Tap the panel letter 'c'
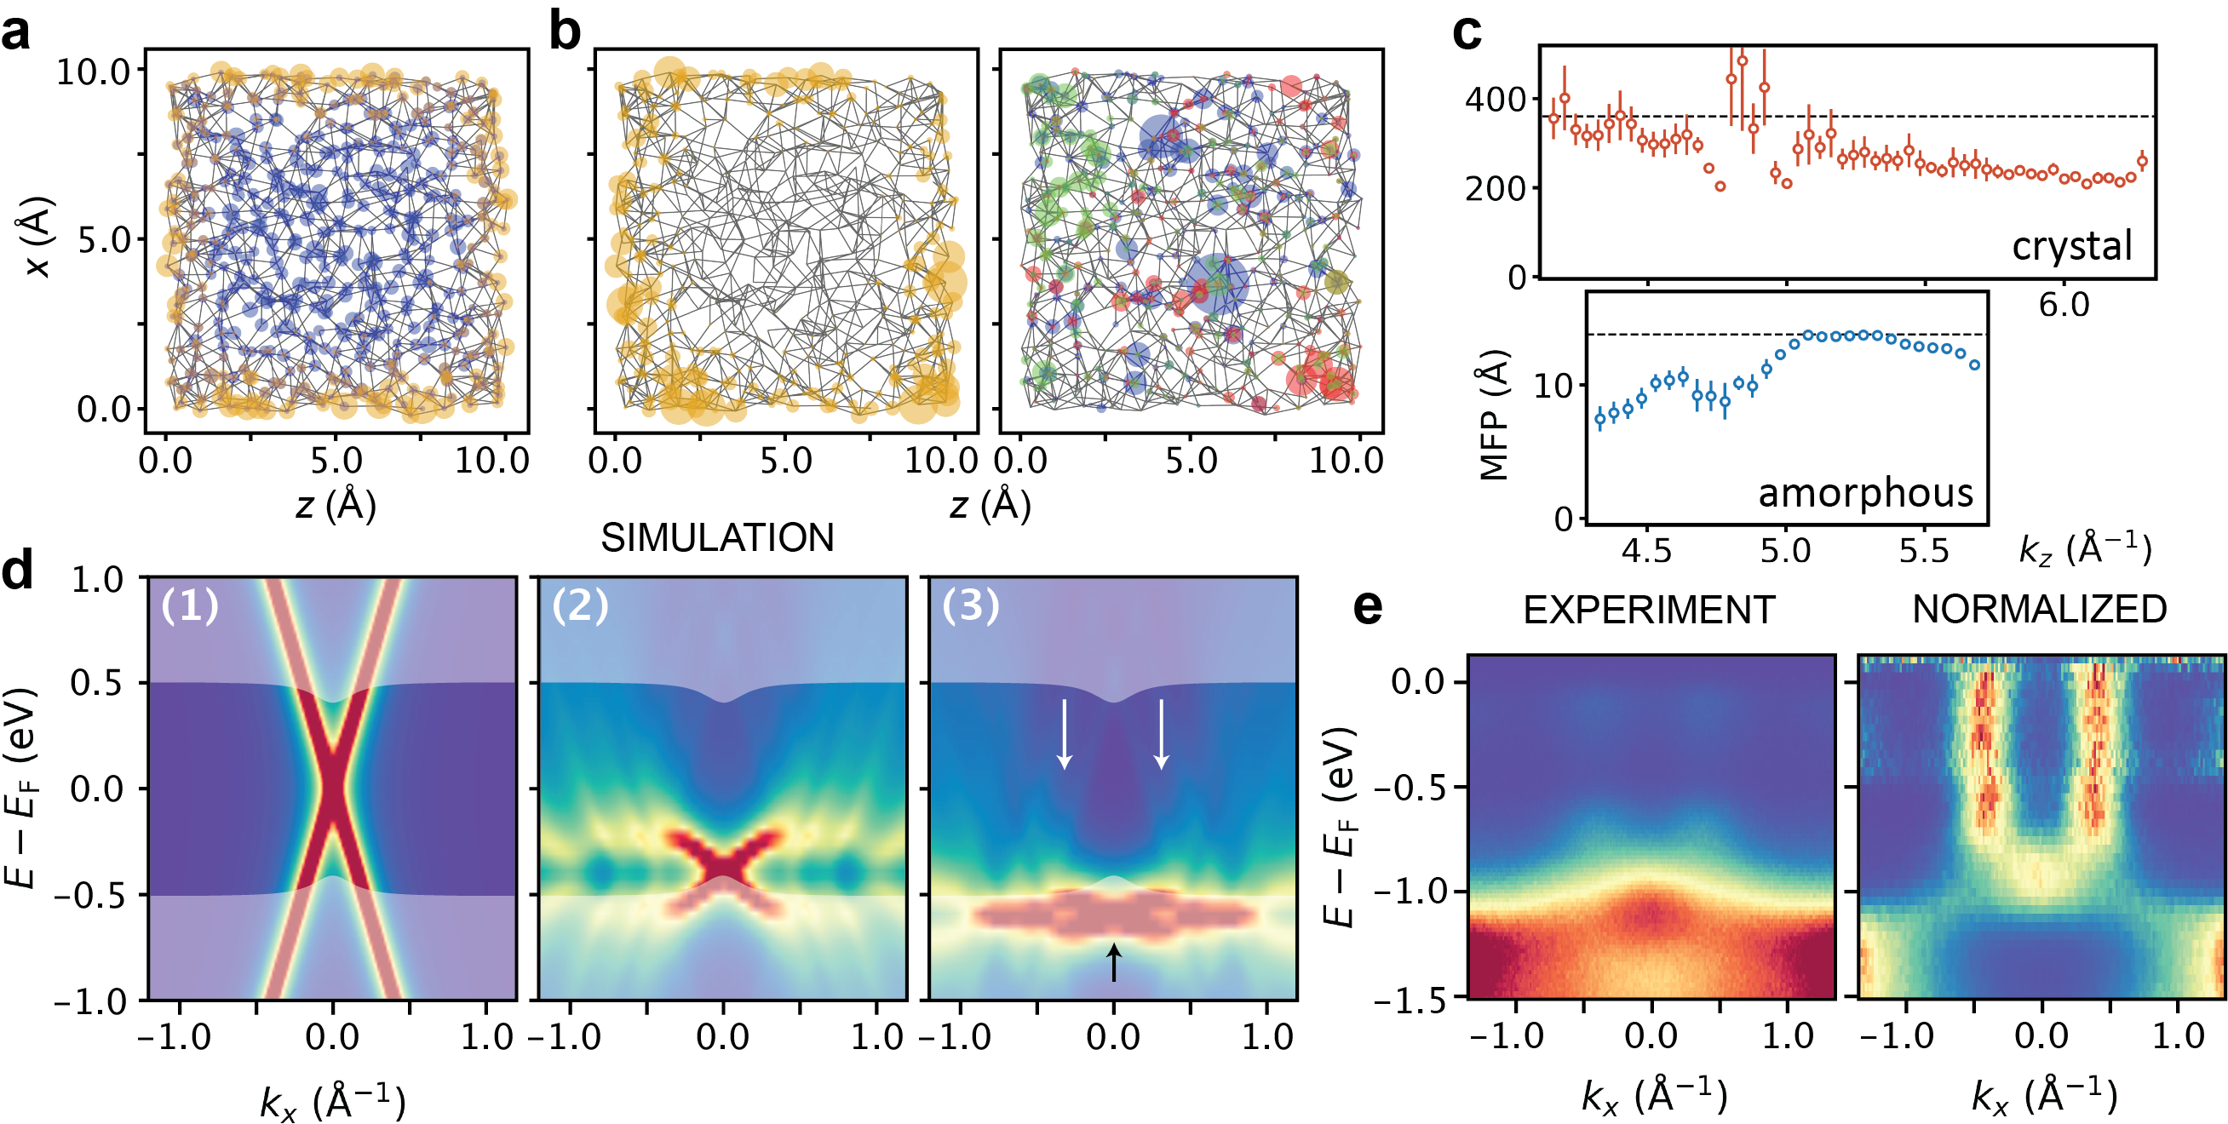(1467, 35)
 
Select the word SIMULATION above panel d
(717, 538)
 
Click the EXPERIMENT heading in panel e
(1649, 611)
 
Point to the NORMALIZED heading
(2039, 610)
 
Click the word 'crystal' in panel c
(2071, 247)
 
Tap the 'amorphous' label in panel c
(1865, 494)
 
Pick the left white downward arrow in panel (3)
(1065, 733)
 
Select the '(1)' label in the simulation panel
(189, 606)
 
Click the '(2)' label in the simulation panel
(579, 606)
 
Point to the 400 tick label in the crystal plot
(1495, 100)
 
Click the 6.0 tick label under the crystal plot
(2064, 305)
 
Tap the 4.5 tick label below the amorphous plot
(1647, 552)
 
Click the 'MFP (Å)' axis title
(1494, 415)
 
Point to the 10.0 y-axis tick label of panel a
(93, 72)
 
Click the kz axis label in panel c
(2084, 550)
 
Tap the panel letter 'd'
(17, 572)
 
